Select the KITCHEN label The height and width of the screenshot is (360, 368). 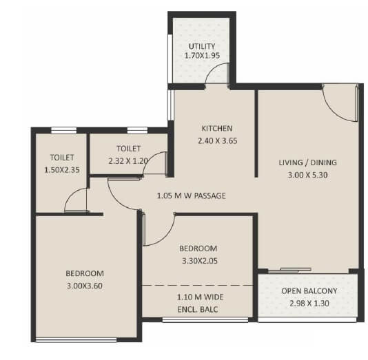(x=216, y=128)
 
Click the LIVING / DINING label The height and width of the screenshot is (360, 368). (x=307, y=162)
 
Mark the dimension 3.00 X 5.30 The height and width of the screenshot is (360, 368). (x=307, y=175)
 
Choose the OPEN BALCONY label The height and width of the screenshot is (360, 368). (x=309, y=290)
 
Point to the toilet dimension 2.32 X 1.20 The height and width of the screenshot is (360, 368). (x=129, y=160)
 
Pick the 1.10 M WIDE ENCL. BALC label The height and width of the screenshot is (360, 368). (x=198, y=303)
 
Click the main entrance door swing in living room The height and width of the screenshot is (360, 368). (x=339, y=103)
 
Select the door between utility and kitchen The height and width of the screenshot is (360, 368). (x=219, y=74)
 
